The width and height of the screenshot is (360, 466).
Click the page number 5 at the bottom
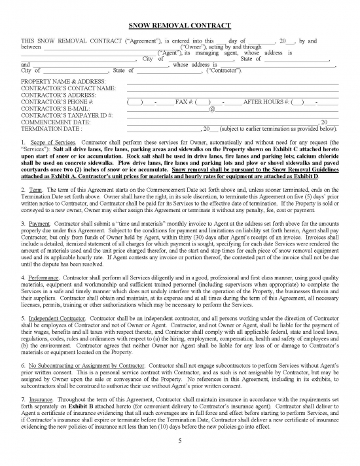pyautogui.click(x=179, y=440)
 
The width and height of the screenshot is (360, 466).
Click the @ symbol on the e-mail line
pyautogui.click(x=211, y=109)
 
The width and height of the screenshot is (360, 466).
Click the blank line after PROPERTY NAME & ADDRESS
pyautogui.click(x=232, y=82)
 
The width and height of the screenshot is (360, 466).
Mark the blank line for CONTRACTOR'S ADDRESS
pyautogui.click(x=232, y=95)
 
